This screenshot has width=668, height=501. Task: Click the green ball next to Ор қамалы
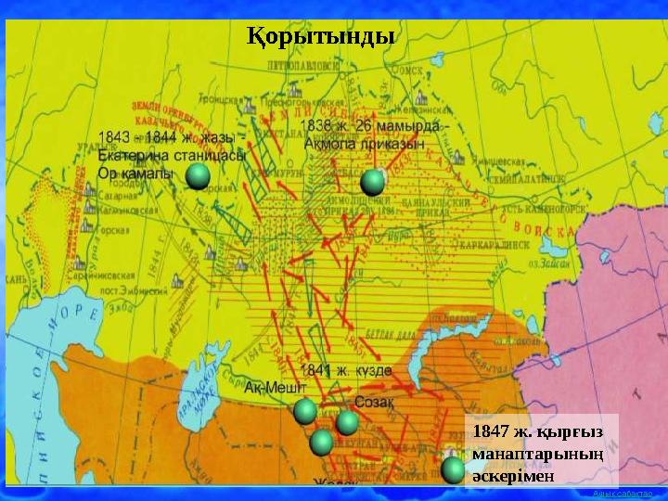click(198, 177)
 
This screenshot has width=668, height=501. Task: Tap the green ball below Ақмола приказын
click(373, 181)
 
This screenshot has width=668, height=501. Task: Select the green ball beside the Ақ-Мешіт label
click(305, 411)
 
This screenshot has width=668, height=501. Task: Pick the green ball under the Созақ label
click(348, 423)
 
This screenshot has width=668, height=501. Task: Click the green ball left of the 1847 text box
click(453, 470)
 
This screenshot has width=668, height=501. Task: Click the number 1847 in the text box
click(490, 432)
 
